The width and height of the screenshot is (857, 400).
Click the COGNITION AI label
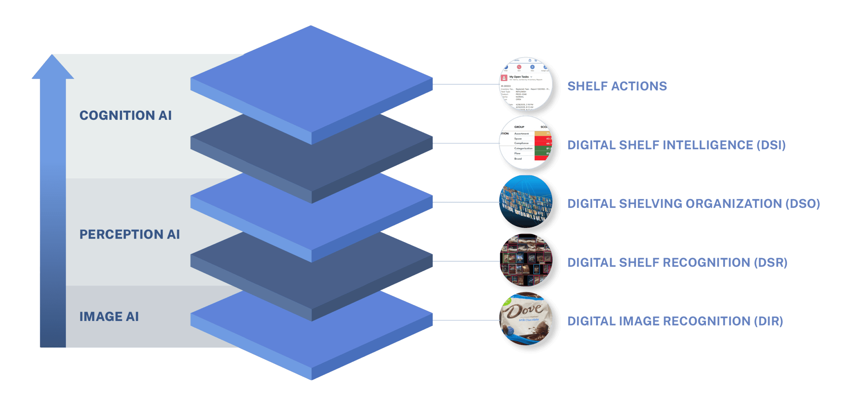click(126, 115)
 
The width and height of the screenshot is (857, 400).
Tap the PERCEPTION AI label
click(130, 234)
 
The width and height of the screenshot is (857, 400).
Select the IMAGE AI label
click(109, 317)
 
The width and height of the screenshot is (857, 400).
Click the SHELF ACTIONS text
click(617, 86)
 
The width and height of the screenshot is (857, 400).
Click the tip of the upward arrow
click(53, 56)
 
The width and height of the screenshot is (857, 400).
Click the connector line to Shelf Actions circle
click(465, 84)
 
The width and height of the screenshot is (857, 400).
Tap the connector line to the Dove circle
click(465, 320)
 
